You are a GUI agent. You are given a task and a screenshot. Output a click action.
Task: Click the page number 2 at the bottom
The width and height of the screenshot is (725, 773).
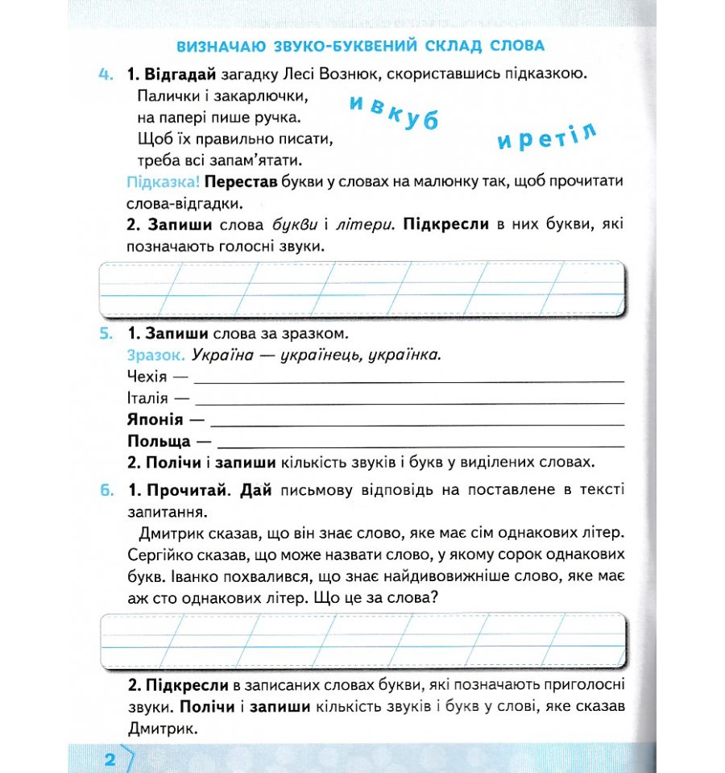pyautogui.click(x=110, y=759)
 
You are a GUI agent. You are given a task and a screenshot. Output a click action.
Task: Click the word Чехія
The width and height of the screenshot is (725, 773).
pyautogui.click(x=147, y=376)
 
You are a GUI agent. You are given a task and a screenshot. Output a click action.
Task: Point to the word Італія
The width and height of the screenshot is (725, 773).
pyautogui.click(x=147, y=398)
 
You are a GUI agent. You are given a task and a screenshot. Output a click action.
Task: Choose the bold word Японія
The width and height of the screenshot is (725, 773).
pyautogui.click(x=155, y=420)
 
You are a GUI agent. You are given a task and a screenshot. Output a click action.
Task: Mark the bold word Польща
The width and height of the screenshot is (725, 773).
pyautogui.click(x=159, y=442)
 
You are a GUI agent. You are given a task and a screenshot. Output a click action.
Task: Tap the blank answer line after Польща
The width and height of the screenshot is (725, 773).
pyautogui.click(x=420, y=446)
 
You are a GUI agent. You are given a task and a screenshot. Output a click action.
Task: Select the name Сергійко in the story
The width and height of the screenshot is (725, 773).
pyautogui.click(x=158, y=555)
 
